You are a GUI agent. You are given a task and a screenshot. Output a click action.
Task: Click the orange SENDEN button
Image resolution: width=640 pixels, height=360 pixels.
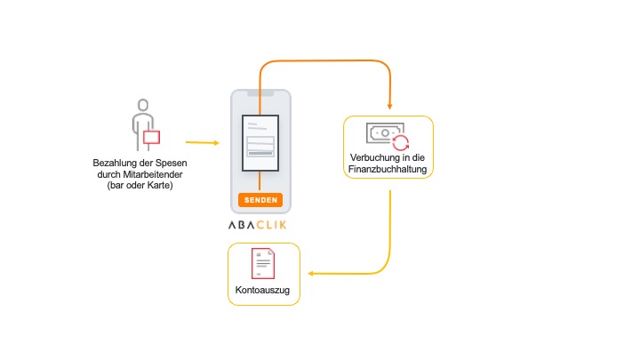pyautogui.click(x=260, y=200)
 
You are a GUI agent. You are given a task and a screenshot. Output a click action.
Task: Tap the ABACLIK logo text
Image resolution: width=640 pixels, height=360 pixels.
pyautogui.click(x=260, y=224)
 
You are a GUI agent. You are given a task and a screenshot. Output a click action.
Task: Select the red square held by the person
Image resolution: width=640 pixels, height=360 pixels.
pyautogui.click(x=151, y=136)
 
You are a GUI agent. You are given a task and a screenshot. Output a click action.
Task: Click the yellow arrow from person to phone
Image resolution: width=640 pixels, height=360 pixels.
pyautogui.click(x=202, y=142)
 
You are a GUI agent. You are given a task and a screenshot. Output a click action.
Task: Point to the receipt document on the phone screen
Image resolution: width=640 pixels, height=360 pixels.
pyautogui.click(x=260, y=143)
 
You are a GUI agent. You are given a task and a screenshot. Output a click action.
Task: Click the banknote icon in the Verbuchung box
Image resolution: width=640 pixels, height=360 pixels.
pyautogui.click(x=384, y=132)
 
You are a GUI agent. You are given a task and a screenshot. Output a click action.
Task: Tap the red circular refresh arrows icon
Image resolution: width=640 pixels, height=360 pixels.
pyautogui.click(x=401, y=143)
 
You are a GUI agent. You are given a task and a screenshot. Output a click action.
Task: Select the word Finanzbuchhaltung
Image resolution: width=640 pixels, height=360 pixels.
pyautogui.click(x=389, y=169)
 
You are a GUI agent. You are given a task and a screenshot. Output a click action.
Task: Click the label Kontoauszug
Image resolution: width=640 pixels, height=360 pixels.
pyautogui.click(x=263, y=291)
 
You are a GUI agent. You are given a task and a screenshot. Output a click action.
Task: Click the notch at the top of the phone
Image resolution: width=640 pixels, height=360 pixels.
pyautogui.click(x=260, y=93)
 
